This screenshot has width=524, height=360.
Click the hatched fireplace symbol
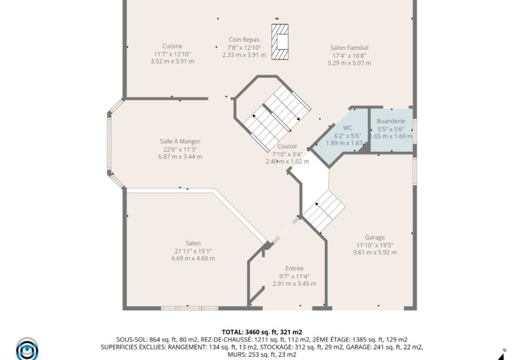(x=280, y=42)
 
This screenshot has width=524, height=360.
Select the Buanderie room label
(x=390, y=121)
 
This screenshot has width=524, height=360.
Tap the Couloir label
(x=287, y=146)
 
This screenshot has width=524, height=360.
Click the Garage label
(x=375, y=238)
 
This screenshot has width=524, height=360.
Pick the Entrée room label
(x=294, y=268)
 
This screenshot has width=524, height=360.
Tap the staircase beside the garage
(x=324, y=210)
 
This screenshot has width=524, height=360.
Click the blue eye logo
(x=27, y=350)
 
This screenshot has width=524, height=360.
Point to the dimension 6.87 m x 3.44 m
(x=180, y=156)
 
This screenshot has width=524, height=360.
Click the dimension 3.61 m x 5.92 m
(x=375, y=253)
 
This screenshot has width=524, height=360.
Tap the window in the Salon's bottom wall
(x=189, y=308)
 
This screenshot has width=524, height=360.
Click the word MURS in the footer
(x=236, y=355)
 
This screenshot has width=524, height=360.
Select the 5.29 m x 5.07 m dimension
(x=349, y=63)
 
